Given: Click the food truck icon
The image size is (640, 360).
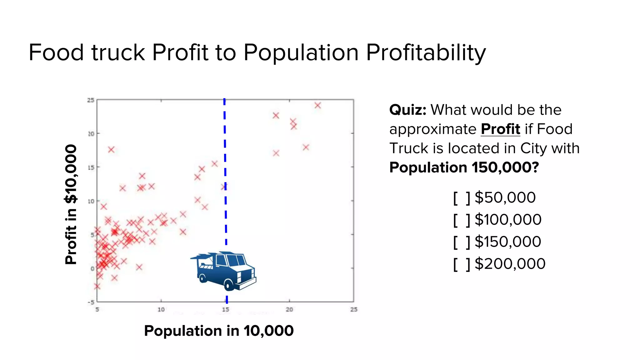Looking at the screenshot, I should click(223, 271).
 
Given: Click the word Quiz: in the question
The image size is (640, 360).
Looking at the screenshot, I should click(407, 110).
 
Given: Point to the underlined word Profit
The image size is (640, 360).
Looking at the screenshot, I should click(500, 129).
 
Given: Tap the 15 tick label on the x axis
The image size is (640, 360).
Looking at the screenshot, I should click(225, 309).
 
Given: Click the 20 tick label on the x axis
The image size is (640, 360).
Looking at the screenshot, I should click(289, 309).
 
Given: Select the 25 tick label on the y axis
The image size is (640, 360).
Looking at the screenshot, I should click(90, 100).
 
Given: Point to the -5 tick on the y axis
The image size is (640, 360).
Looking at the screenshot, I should click(91, 302).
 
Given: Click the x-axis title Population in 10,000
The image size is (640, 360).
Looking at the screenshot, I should click(219, 331).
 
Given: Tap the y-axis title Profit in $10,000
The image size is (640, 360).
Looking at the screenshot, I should click(71, 204).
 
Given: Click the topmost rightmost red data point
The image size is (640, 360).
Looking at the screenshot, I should click(317, 105).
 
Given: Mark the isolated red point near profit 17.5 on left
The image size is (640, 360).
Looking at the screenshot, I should click(111, 150).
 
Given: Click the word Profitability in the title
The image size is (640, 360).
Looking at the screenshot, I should click(426, 52).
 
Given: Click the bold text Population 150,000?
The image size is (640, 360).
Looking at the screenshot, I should click(464, 167).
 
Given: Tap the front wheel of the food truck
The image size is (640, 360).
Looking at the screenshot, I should click(229, 285).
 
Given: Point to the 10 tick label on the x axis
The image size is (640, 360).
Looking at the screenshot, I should click(161, 309).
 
